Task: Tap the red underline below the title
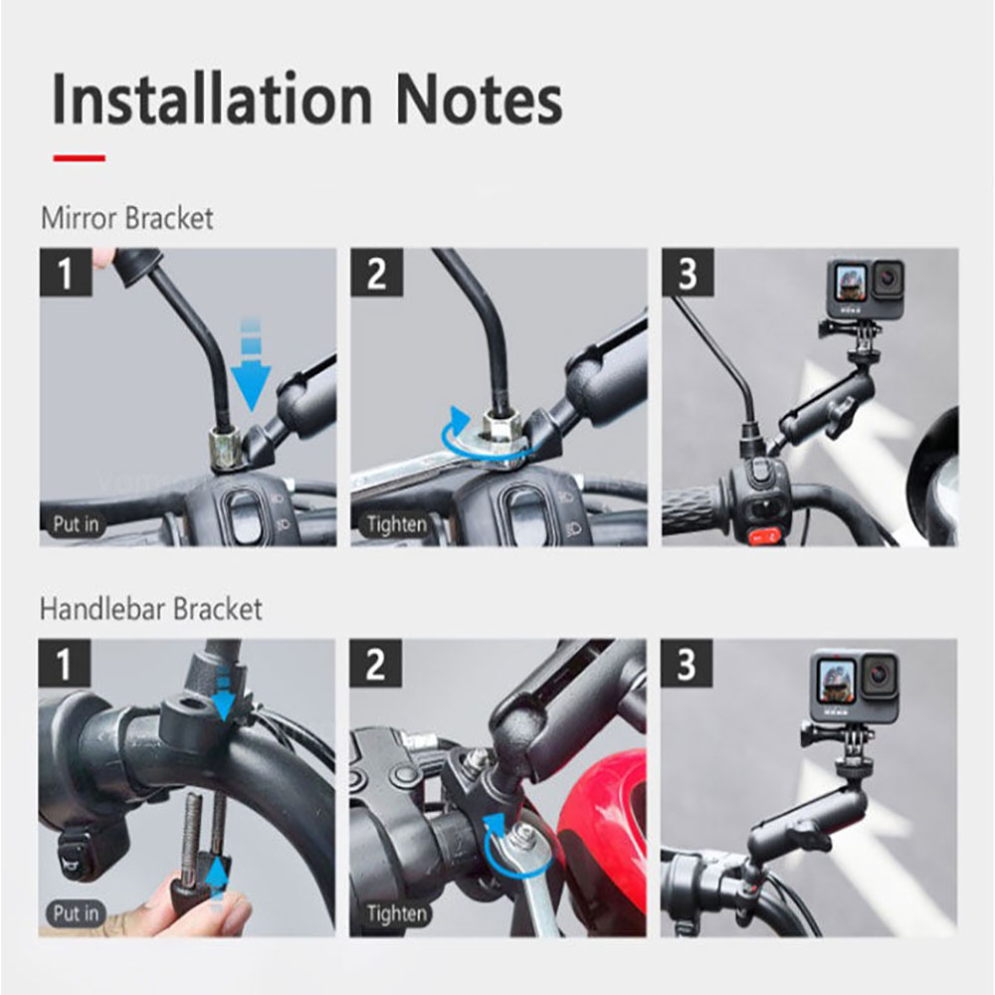click(79, 157)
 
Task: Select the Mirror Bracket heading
click(126, 218)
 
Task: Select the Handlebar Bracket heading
click(150, 609)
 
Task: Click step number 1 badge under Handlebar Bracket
click(65, 664)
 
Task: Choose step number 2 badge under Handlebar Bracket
click(376, 664)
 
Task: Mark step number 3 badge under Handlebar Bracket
click(687, 664)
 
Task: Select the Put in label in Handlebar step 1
click(77, 912)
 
